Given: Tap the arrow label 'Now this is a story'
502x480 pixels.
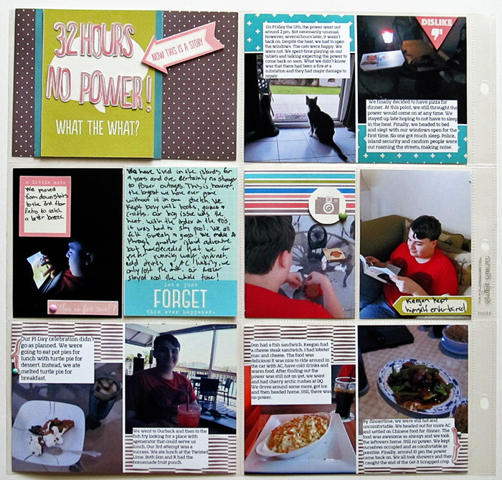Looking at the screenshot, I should pos(183,47).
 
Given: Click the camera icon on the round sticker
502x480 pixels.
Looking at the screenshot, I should pos(327,205).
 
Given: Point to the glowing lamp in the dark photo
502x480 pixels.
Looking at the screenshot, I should pos(387,36).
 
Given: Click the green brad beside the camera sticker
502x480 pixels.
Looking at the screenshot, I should pos(343,213).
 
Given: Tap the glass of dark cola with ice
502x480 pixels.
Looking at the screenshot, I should pos(344,397).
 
